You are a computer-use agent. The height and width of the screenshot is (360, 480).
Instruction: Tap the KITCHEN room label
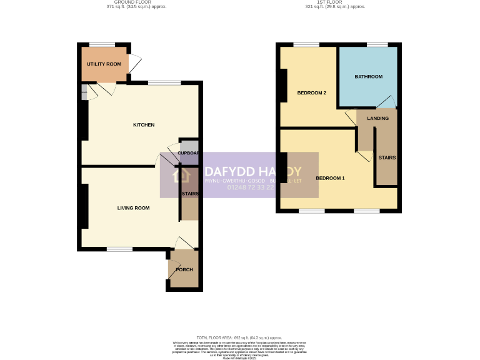pos(144,125)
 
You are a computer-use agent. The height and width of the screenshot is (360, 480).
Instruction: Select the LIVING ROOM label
pos(133,207)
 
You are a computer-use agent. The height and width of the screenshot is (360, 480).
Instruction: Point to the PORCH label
pos(184,269)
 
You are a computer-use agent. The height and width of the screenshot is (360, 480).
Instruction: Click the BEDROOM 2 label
pos(311,93)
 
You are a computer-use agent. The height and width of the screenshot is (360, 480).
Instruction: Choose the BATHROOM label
pos(368,77)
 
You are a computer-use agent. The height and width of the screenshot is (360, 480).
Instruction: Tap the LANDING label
pos(377,118)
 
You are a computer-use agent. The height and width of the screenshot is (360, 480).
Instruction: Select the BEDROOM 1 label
pos(330,178)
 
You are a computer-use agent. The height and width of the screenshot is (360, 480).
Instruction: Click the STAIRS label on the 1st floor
pos(386,157)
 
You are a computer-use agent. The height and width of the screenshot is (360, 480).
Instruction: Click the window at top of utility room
pos(102,44)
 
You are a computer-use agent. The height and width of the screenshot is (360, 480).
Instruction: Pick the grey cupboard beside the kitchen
pos(189,151)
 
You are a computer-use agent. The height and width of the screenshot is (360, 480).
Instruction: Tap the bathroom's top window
pos(377,44)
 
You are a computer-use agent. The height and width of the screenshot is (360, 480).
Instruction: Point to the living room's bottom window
pos(119,249)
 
